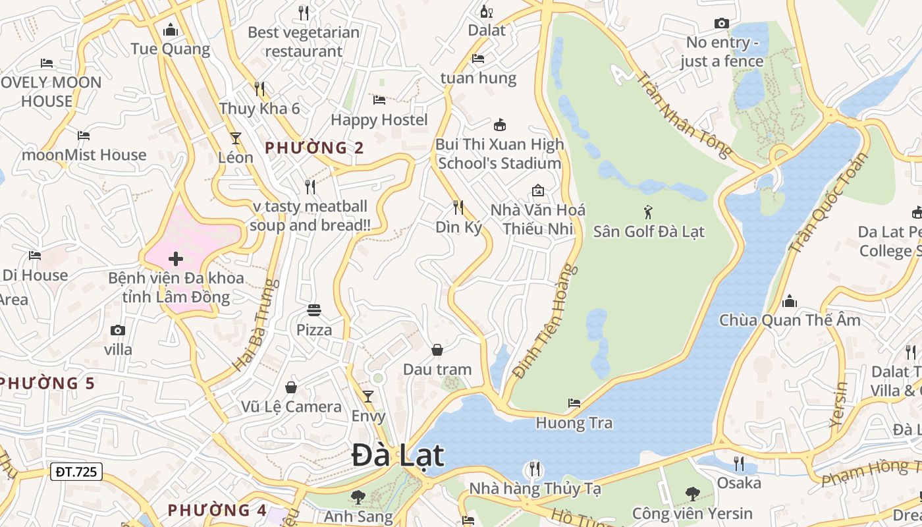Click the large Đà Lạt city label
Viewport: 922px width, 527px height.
click(x=398, y=455)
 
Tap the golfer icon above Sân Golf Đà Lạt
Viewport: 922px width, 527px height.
click(x=648, y=212)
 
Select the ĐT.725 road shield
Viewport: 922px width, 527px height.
click(x=76, y=472)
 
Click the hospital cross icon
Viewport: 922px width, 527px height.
click(x=176, y=259)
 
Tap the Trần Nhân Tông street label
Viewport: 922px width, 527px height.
click(x=684, y=114)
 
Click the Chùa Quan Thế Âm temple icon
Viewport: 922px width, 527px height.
click(x=789, y=302)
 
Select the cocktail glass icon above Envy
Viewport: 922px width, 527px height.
click(x=368, y=396)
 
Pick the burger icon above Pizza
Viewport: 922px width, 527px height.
click(x=314, y=310)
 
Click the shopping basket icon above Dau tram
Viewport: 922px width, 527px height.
click(x=437, y=349)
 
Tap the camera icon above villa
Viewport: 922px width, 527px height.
click(x=118, y=330)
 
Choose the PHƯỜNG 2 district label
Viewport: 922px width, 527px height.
click(x=314, y=148)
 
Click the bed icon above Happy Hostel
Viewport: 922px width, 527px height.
click(x=379, y=100)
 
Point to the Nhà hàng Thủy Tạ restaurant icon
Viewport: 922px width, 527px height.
click(x=534, y=469)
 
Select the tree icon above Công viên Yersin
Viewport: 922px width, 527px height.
click(x=692, y=493)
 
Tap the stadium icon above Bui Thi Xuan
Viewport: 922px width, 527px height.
click(x=500, y=125)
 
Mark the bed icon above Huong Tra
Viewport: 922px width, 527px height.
click(x=574, y=402)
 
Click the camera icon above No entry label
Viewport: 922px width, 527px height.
click(x=721, y=24)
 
